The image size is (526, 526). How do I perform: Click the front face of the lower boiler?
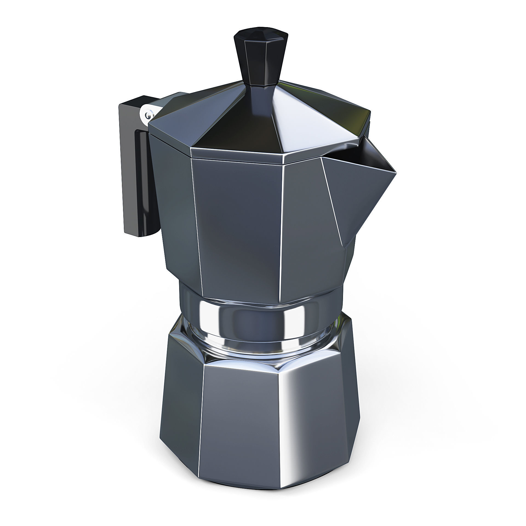[x=241, y=422]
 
